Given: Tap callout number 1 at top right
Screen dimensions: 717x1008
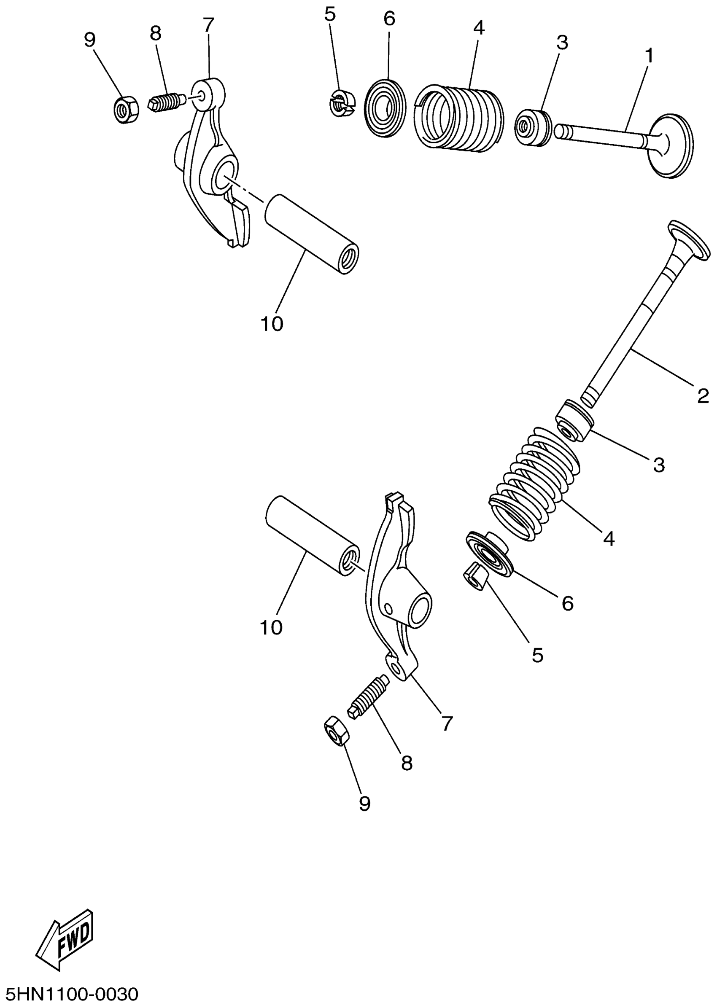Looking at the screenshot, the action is (649, 56).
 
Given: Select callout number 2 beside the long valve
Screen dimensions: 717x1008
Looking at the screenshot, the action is (703, 396).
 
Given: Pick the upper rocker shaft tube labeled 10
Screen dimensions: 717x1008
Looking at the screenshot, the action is (311, 234).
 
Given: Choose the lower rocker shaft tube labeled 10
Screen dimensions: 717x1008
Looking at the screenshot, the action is (311, 536).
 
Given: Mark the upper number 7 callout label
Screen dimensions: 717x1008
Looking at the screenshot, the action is (208, 25).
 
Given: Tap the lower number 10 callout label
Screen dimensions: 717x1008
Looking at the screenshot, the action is (271, 627).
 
